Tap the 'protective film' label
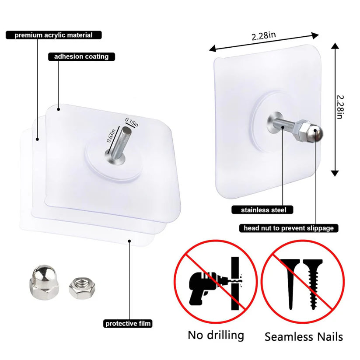tap(128, 324)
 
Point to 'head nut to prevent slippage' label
tap(289, 228)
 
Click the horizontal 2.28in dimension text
tap(263, 36)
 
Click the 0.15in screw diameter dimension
tap(131, 120)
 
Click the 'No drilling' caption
tap(216, 335)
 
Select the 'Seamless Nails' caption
tap(304, 336)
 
